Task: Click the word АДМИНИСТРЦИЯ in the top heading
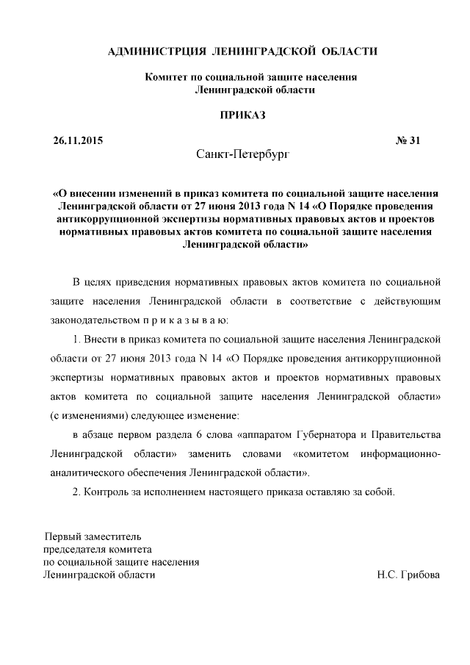pyautogui.click(x=153, y=51)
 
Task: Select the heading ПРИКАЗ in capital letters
pyautogui.click(x=242, y=115)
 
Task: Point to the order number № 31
pyautogui.click(x=408, y=140)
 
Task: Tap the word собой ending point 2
pyautogui.click(x=380, y=492)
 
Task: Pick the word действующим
pyautogui.click(x=408, y=301)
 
